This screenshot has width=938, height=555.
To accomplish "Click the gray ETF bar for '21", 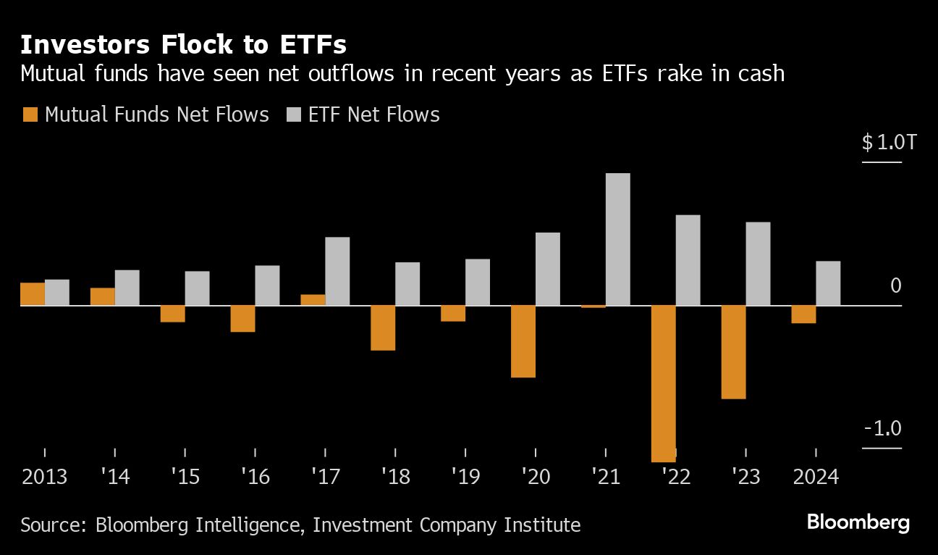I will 618,239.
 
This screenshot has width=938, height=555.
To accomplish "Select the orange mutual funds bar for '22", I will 664,383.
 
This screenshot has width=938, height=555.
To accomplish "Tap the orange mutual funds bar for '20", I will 523,341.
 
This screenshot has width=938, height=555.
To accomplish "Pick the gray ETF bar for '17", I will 337,271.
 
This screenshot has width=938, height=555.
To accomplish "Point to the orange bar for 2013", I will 33,294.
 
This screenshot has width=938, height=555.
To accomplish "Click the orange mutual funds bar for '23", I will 734,352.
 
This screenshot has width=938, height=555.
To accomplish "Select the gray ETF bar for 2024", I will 828,283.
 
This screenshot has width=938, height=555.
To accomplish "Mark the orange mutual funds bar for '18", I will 383,327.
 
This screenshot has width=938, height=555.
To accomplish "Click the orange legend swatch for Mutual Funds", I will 30,114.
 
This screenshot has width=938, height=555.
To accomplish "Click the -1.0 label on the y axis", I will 882,428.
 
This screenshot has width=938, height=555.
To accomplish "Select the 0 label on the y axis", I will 895,285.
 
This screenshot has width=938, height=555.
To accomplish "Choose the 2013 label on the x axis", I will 44,477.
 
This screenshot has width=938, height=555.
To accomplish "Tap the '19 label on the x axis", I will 465,477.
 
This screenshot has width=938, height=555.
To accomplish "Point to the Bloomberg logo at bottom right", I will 858,522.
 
